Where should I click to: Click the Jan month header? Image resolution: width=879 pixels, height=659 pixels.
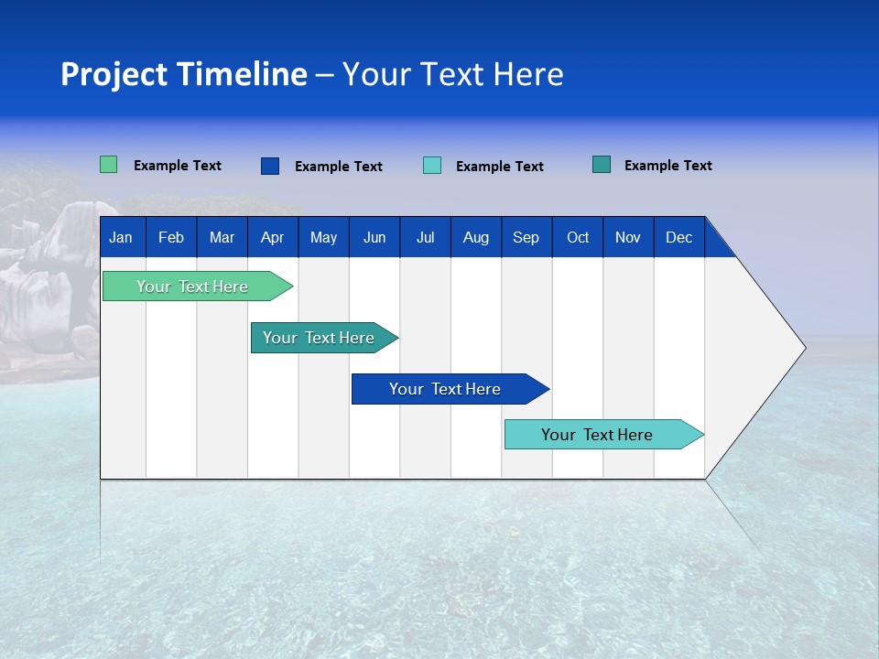(x=121, y=237)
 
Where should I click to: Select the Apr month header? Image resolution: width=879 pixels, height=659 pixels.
(x=272, y=237)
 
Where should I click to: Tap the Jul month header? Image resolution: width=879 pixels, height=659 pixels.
(x=425, y=237)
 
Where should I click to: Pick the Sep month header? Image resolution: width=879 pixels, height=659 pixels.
(x=526, y=237)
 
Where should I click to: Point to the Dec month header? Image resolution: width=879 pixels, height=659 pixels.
(x=678, y=237)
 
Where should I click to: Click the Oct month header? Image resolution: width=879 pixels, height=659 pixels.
(x=578, y=237)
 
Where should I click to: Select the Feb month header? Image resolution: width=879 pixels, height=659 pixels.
(x=171, y=237)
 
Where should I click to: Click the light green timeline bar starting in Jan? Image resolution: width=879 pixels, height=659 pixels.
(x=192, y=286)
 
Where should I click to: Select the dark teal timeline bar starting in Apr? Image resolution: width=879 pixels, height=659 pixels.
(x=319, y=338)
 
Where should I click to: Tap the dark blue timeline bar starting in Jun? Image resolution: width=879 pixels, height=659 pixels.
(x=445, y=389)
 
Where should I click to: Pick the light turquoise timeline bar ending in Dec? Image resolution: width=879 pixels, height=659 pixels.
(x=597, y=435)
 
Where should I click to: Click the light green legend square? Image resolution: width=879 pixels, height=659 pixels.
(x=108, y=165)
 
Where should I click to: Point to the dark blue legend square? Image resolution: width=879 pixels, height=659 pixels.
(x=270, y=166)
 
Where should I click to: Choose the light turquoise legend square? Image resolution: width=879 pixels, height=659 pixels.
(x=432, y=166)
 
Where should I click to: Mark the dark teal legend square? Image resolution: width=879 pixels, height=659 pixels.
(x=602, y=165)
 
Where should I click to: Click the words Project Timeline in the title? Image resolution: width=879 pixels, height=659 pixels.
(x=183, y=74)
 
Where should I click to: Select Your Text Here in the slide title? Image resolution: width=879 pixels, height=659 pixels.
(x=452, y=74)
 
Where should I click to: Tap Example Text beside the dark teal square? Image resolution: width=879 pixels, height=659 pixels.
(x=667, y=166)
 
